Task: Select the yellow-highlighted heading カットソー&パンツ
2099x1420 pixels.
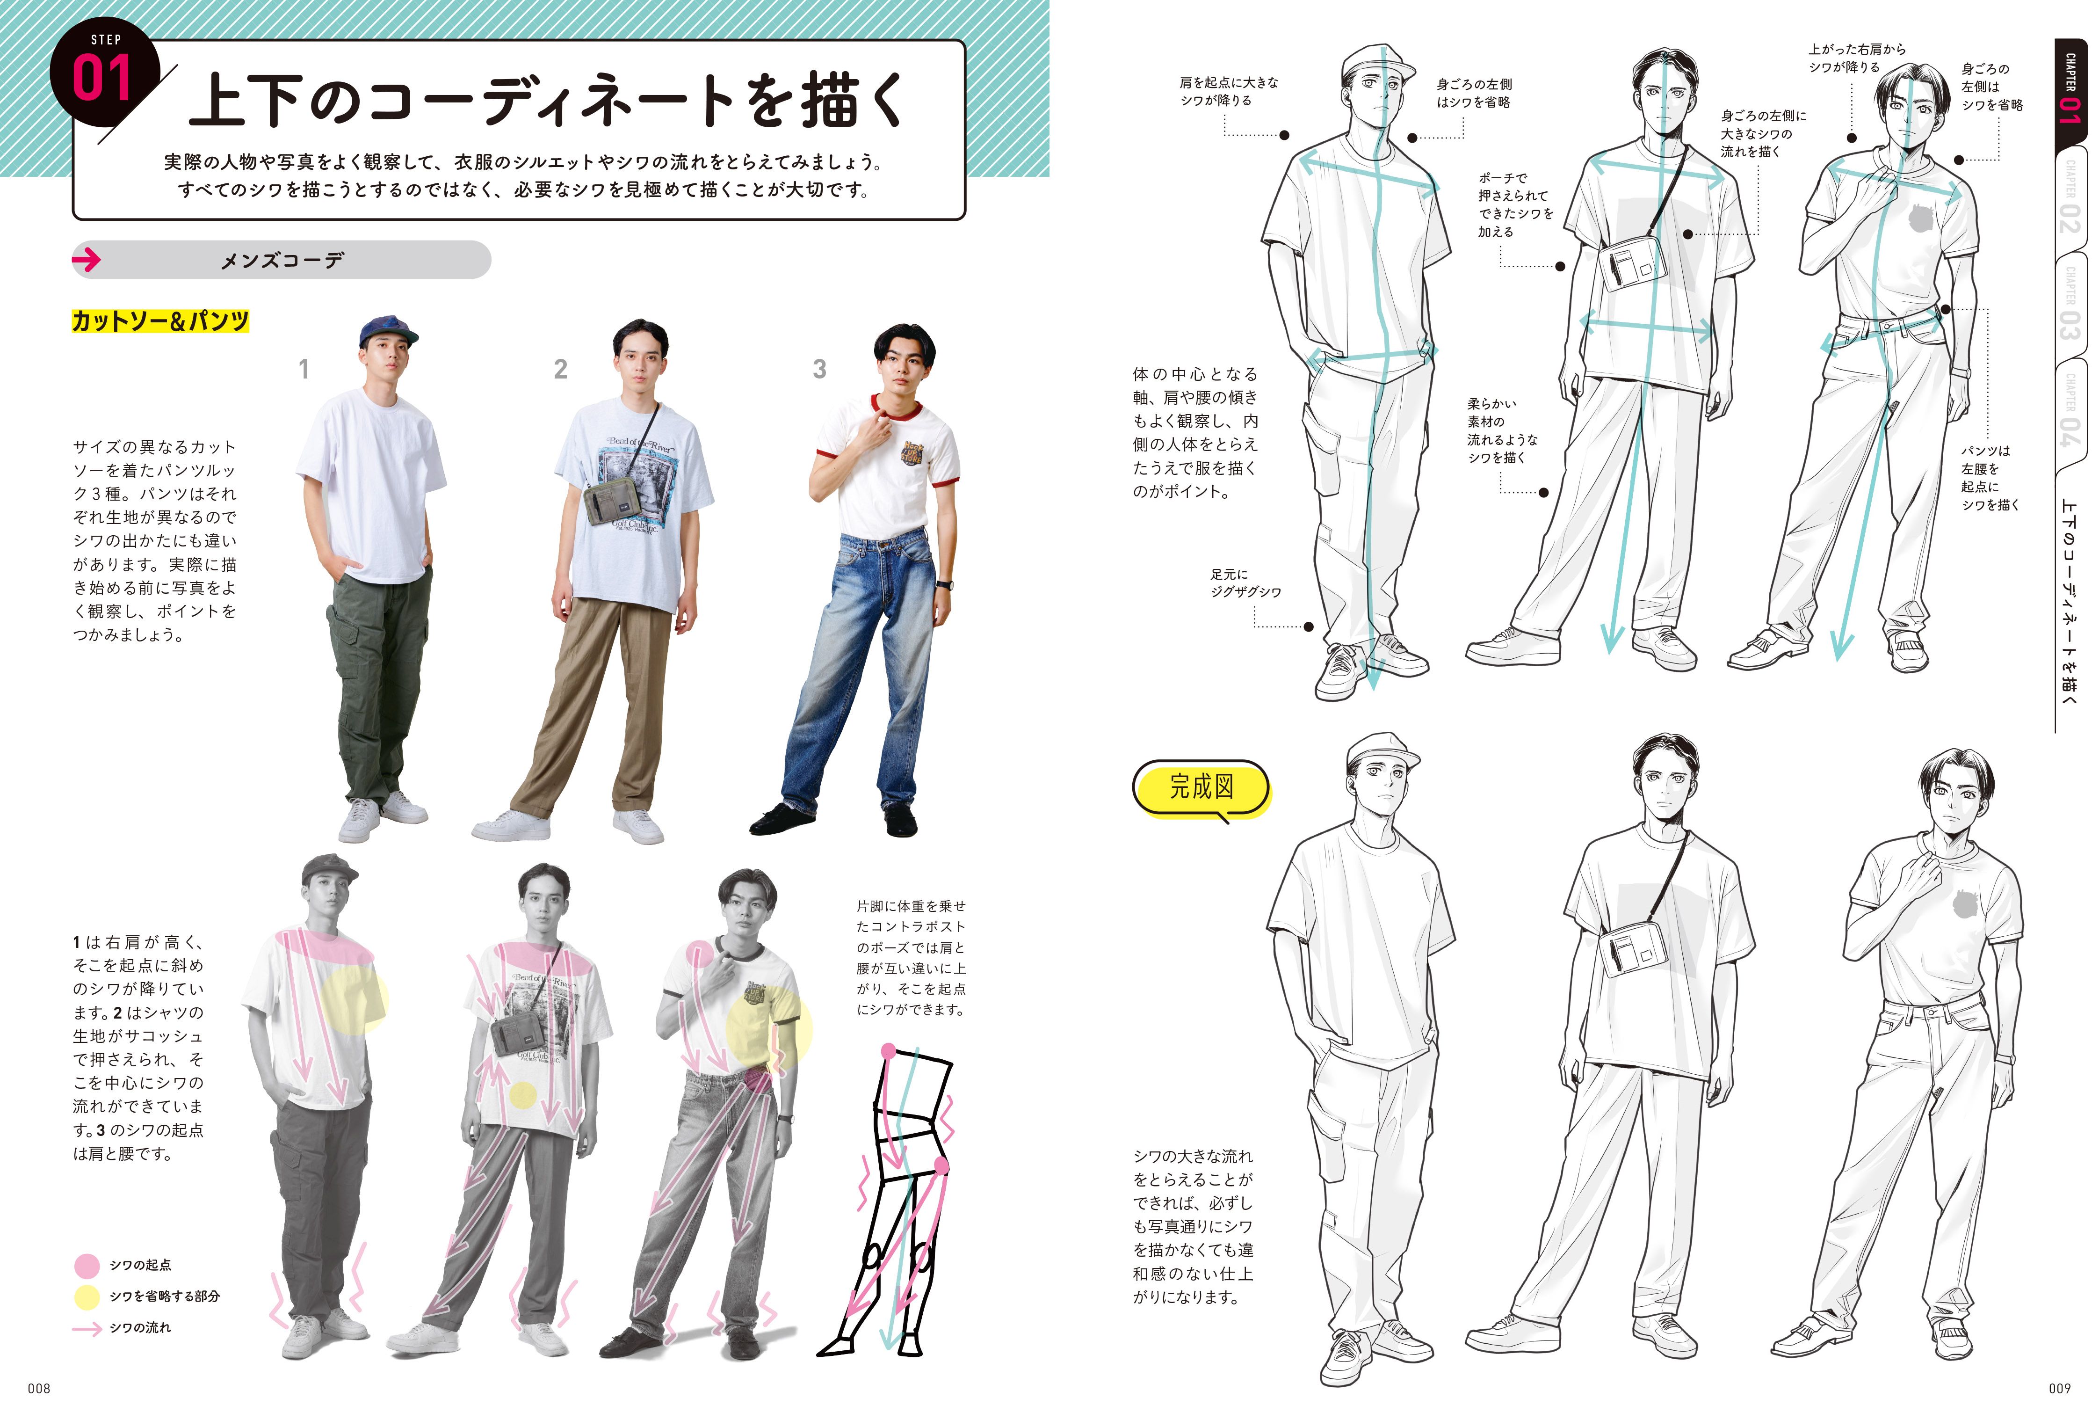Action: click(x=160, y=320)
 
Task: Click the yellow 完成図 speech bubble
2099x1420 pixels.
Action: click(x=1201, y=788)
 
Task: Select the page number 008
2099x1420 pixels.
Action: click(x=39, y=1388)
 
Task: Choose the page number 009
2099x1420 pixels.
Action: click(x=2059, y=1388)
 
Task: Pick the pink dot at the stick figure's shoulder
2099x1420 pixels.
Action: click(x=889, y=1051)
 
